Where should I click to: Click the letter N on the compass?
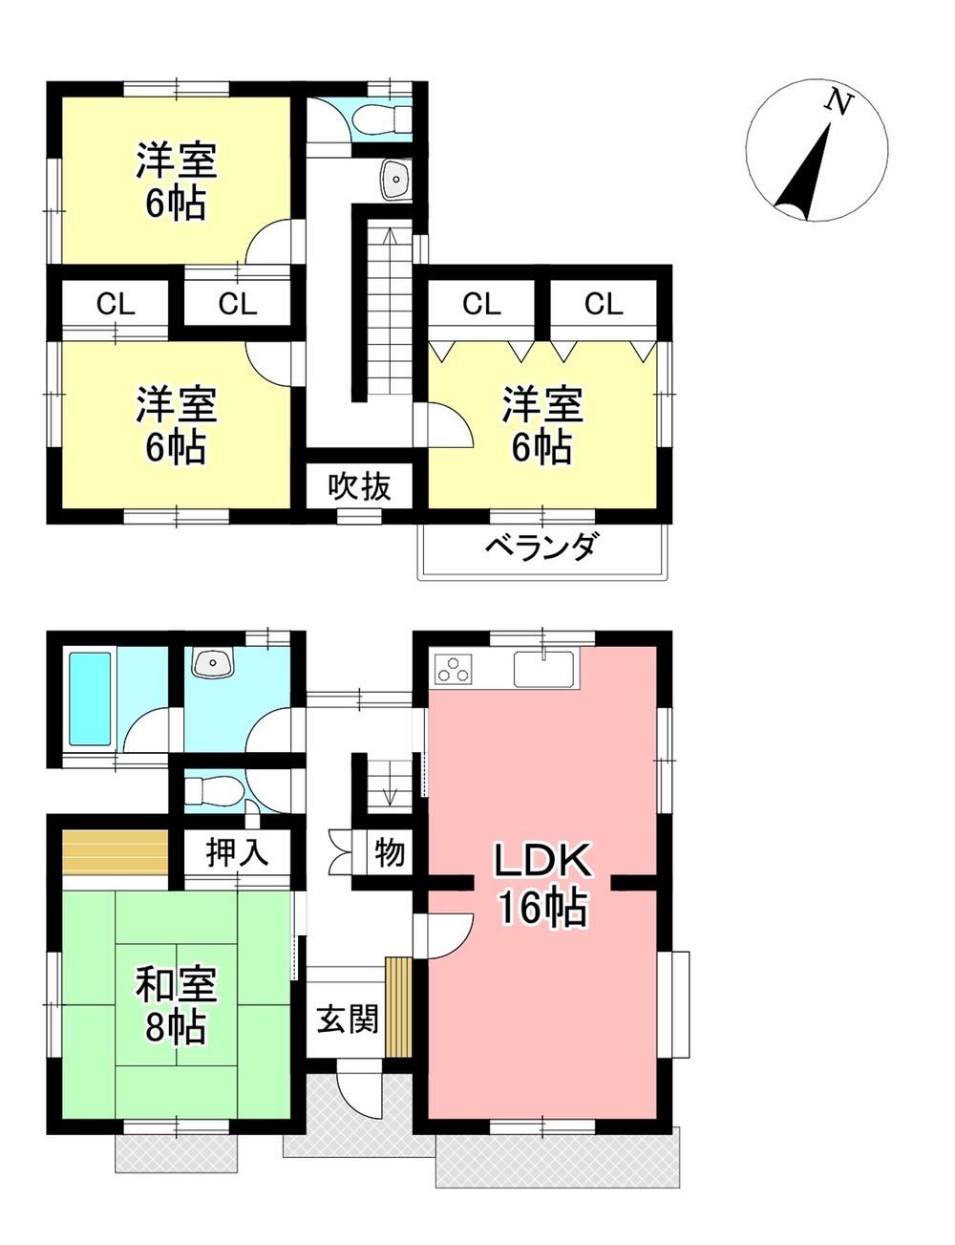click(x=838, y=103)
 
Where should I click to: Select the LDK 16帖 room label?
click(x=542, y=884)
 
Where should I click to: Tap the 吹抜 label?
click(x=359, y=486)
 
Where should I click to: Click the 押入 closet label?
click(x=237, y=852)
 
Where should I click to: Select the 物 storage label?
click(x=390, y=852)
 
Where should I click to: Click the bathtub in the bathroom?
click(x=90, y=699)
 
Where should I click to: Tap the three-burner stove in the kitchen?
click(x=454, y=669)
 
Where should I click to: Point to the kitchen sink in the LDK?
click(x=542, y=669)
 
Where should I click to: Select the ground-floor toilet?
click(x=215, y=790)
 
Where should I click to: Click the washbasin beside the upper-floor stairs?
click(x=395, y=178)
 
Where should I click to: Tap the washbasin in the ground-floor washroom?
click(x=214, y=662)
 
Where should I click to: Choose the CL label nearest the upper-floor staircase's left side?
click(x=238, y=304)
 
